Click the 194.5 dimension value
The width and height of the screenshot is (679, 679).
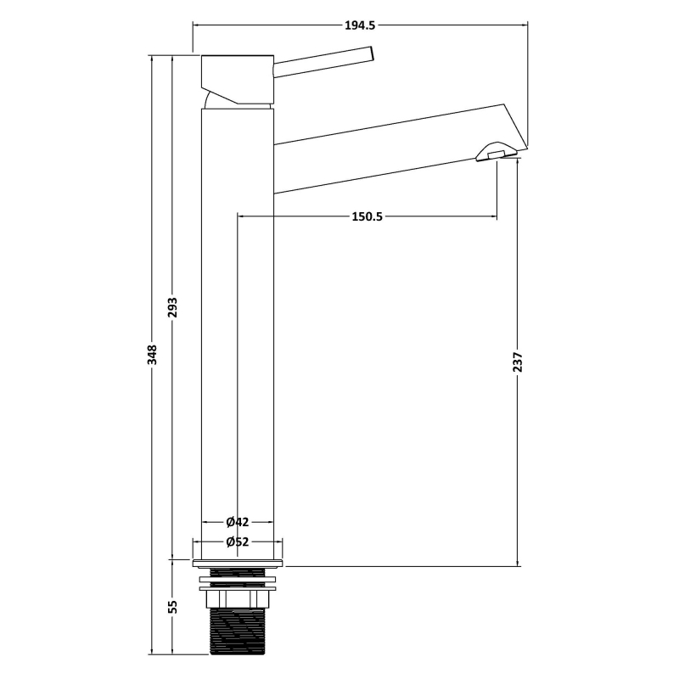[x=359, y=25]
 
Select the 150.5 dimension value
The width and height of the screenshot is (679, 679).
[x=368, y=216]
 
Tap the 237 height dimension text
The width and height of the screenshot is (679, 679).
[x=519, y=362]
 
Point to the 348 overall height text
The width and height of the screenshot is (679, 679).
[x=152, y=352]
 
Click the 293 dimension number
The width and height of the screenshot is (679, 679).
[x=172, y=306]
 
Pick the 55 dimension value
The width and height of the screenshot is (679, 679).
[x=172, y=607]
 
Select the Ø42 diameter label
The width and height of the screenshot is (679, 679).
[x=238, y=522]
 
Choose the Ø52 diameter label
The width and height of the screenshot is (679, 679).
[x=238, y=542]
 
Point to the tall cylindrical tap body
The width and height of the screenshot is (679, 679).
[x=238, y=339]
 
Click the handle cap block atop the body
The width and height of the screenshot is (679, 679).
[x=238, y=79]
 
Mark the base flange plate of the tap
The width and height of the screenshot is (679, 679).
[x=238, y=562]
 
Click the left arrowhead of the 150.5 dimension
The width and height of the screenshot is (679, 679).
[x=241, y=216]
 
